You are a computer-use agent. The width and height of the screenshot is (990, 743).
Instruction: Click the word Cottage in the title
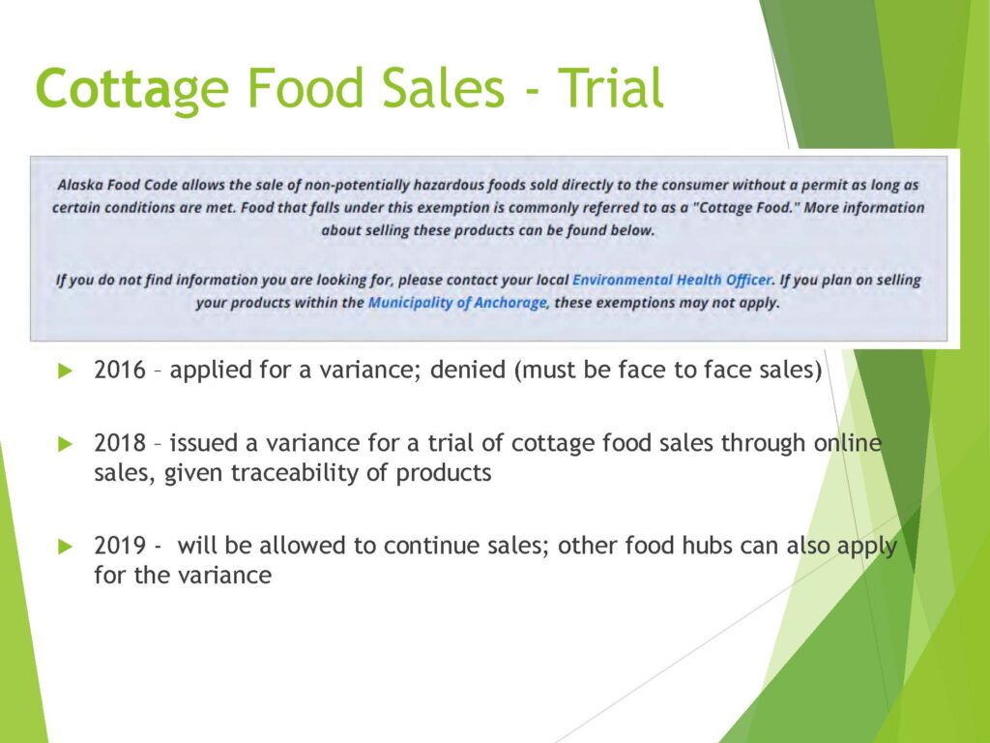131,89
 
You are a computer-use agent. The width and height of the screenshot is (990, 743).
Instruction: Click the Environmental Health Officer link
672,280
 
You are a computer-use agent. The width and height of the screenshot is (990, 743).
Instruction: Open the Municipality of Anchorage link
457,303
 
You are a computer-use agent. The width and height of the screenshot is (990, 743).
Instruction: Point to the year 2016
120,370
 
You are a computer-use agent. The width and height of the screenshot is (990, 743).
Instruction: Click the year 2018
120,443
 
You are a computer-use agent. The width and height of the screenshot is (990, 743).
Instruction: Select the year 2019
120,546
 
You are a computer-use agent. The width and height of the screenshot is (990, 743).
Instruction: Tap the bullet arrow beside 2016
65,371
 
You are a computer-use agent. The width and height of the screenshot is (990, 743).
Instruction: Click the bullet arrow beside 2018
65,444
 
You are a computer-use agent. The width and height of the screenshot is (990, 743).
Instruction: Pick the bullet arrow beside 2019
65,546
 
